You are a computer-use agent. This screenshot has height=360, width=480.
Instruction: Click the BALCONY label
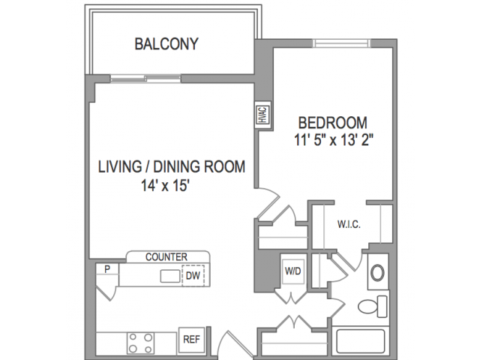(x=166, y=43)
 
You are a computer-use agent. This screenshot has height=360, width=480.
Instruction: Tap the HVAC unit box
(x=263, y=115)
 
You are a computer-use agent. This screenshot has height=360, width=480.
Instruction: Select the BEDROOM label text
(x=333, y=123)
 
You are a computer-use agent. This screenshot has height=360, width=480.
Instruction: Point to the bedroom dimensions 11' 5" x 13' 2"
(x=333, y=140)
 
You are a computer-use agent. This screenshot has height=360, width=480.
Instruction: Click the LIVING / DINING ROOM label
(x=172, y=166)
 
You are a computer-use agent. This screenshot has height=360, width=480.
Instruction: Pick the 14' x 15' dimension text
(x=165, y=185)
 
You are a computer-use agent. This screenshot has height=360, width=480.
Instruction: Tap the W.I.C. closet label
(x=349, y=224)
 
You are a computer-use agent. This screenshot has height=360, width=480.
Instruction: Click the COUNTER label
(x=166, y=256)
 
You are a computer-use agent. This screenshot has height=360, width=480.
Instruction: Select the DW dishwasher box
(x=193, y=275)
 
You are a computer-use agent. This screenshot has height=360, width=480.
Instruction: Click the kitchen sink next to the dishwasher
(x=170, y=276)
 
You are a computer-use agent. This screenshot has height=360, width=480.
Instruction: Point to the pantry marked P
(x=107, y=268)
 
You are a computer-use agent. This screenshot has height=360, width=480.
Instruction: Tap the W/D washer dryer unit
(x=293, y=271)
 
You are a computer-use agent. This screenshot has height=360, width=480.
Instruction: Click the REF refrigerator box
(x=192, y=339)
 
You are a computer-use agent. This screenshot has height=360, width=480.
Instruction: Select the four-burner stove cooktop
(x=140, y=343)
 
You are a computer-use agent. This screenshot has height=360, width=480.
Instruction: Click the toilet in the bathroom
(x=373, y=306)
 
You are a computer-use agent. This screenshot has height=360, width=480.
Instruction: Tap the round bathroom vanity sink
(x=377, y=272)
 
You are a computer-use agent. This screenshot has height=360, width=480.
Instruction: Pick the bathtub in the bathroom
(x=361, y=341)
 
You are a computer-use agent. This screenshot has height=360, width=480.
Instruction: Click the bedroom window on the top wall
(x=342, y=43)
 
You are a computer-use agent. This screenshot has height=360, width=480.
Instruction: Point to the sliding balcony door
(x=145, y=79)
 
